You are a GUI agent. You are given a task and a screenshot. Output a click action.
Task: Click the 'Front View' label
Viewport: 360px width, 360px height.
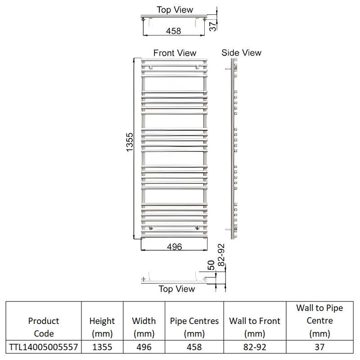click(175, 53)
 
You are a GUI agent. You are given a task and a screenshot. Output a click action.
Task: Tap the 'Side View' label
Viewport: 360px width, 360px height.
click(241, 53)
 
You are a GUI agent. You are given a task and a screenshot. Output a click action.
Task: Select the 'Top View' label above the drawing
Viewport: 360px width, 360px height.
click(175, 10)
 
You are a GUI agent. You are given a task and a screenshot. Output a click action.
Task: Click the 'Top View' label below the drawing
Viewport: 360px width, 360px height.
click(177, 289)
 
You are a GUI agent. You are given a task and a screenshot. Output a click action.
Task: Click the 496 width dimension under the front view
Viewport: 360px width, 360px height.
click(174, 247)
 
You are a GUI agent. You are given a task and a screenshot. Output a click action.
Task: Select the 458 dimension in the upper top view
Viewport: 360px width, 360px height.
click(173, 31)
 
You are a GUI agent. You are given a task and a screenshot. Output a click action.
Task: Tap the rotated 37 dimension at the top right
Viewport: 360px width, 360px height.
click(213, 25)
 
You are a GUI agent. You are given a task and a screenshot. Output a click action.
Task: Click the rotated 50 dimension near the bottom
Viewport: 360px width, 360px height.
click(211, 265)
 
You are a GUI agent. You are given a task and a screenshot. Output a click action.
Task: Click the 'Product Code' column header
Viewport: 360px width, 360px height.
click(44, 327)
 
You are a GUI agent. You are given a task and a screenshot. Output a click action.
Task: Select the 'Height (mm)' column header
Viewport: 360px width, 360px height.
click(102, 327)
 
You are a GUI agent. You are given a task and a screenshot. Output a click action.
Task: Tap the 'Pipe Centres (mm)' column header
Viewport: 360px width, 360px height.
click(194, 327)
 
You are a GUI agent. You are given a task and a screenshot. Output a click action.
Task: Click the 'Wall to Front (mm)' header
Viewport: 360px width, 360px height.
click(255, 327)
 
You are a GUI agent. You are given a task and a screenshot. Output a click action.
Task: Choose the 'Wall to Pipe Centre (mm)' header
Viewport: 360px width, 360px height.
click(319, 321)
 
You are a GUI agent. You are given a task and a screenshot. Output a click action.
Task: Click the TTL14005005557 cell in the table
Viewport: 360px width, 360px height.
click(44, 347)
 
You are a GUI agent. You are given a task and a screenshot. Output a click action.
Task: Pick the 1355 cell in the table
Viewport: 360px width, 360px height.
click(102, 347)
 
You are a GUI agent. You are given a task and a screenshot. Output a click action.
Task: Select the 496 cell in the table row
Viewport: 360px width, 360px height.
click(144, 347)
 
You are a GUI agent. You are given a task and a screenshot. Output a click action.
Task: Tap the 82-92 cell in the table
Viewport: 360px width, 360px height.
click(255, 347)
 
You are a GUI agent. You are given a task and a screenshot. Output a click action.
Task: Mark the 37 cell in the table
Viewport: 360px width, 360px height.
click(319, 347)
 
